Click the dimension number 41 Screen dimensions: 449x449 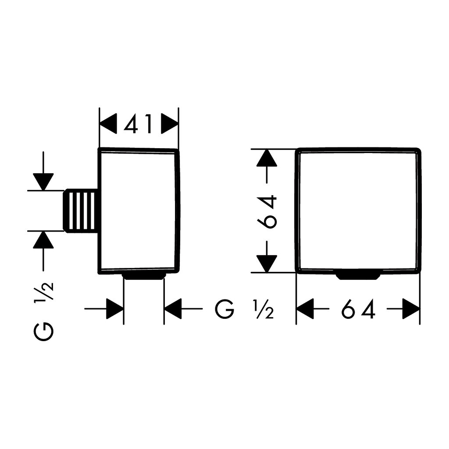pyautogui.click(x=138, y=124)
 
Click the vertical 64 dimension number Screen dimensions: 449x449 pyautogui.click(x=267, y=212)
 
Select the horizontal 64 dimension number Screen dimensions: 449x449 pyautogui.click(x=358, y=309)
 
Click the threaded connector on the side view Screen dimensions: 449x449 pyautogui.click(x=81, y=210)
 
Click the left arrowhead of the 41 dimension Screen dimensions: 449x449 pyautogui.click(x=108, y=124)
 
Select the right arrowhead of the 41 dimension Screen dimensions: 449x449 pyautogui.click(x=170, y=124)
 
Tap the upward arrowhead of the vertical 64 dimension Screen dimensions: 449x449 pyautogui.click(x=267, y=158)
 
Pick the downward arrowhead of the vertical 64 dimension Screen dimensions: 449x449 pyautogui.click(x=267, y=264)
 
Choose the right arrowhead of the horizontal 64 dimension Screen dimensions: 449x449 pyautogui.click(x=411, y=309)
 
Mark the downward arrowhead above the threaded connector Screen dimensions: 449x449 pyautogui.click(x=43, y=182)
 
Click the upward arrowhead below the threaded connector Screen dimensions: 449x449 pyautogui.click(x=43, y=239)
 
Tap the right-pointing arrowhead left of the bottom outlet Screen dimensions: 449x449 pyautogui.click(x=115, y=309)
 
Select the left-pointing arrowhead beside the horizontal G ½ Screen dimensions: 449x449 pyautogui.click(x=173, y=309)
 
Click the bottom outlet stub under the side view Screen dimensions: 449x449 pyautogui.click(x=144, y=276)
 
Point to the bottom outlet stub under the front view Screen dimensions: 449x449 pyautogui.click(x=358, y=276)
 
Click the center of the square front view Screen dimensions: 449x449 pyautogui.click(x=358, y=210)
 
